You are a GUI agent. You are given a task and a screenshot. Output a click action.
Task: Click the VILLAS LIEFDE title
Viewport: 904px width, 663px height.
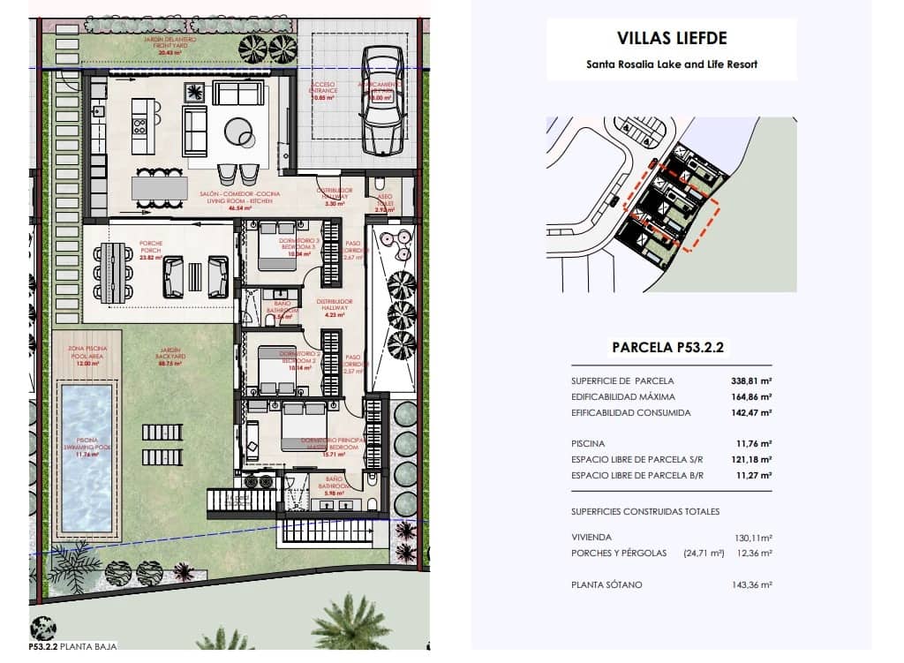(x=671, y=39)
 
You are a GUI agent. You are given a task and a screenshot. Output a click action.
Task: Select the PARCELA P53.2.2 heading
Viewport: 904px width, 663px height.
(x=667, y=348)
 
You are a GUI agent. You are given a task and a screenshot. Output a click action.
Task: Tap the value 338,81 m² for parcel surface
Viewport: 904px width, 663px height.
(x=750, y=381)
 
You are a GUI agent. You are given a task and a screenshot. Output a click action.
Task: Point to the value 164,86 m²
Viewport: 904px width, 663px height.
(x=750, y=397)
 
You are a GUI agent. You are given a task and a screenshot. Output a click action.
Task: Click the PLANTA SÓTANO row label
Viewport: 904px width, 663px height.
(x=607, y=584)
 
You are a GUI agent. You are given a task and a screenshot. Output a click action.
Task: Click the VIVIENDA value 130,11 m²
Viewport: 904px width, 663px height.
(x=750, y=537)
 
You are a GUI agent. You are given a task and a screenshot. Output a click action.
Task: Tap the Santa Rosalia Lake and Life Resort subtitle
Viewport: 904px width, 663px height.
(x=671, y=64)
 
